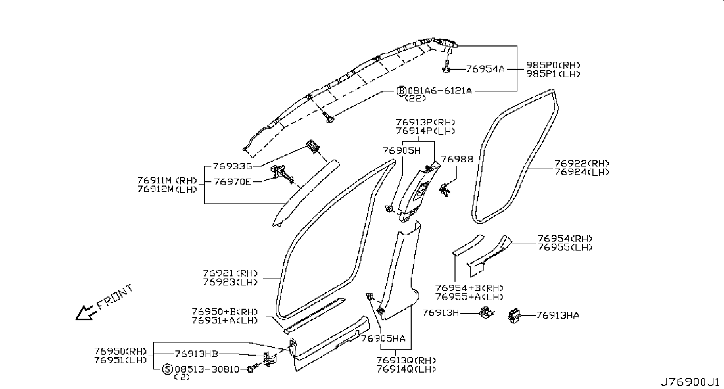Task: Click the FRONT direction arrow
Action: click(85, 313)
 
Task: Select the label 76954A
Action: click(485, 69)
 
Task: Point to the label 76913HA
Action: click(558, 316)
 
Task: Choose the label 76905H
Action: click(402, 151)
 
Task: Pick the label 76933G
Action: click(232, 165)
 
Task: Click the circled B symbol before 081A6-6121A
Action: click(401, 91)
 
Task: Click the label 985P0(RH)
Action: click(553, 66)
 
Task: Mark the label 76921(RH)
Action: click(230, 274)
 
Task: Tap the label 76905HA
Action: click(384, 339)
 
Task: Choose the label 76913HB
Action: click(196, 354)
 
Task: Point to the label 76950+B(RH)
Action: click(225, 311)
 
